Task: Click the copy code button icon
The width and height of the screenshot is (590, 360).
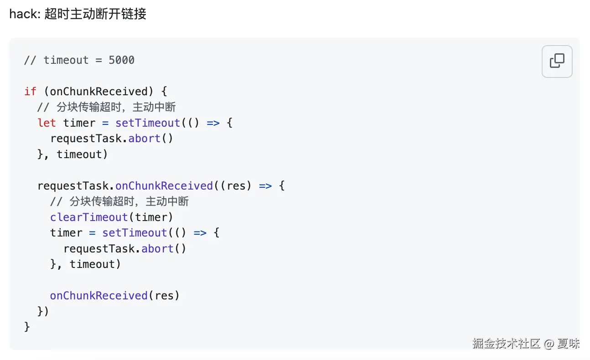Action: pyautogui.click(x=557, y=61)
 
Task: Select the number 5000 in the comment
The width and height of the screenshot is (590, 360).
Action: pyautogui.click(x=121, y=60)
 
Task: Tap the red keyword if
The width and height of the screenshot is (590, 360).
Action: pyautogui.click(x=30, y=92)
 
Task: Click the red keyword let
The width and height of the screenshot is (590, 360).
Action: pyautogui.click(x=47, y=123)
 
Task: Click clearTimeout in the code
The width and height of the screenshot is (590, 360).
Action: pyautogui.click(x=89, y=217)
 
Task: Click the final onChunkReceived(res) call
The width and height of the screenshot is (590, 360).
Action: pyautogui.click(x=115, y=296)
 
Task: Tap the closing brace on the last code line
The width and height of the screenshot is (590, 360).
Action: pyautogui.click(x=27, y=327)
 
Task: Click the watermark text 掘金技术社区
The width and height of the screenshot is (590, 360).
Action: pyautogui.click(x=506, y=344)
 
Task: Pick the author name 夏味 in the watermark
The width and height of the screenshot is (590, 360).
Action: pyautogui.click(x=568, y=344)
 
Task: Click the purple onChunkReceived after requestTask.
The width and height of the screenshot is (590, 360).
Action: pyautogui.click(x=164, y=186)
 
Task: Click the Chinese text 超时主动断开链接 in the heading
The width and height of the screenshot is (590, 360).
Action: pyautogui.click(x=95, y=14)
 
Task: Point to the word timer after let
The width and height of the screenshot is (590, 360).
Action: pyautogui.click(x=79, y=123)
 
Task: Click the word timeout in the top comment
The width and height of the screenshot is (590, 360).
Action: pyautogui.click(x=66, y=60)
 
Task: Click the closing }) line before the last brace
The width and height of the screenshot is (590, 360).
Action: pyautogui.click(x=43, y=312)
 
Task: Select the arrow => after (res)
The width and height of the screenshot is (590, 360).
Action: pyautogui.click(x=265, y=186)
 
